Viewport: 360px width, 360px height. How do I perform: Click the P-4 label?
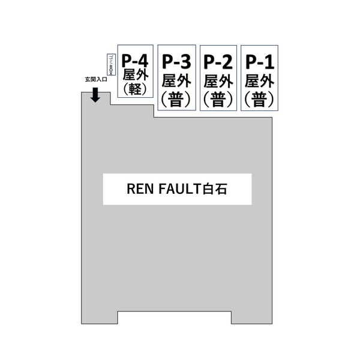click(135, 61)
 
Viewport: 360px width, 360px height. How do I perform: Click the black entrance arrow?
click(95, 95)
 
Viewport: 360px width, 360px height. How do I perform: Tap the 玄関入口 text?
click(95, 80)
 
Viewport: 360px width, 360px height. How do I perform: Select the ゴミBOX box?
click(111, 65)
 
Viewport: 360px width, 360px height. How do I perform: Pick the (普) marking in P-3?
click(176, 99)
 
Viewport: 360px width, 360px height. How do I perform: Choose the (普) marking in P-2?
click(218, 99)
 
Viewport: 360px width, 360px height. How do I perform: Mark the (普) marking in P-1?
click(260, 99)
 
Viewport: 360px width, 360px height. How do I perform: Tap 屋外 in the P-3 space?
click(176, 80)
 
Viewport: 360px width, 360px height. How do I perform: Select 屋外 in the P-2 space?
click(218, 80)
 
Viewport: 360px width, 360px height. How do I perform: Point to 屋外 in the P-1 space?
click(260, 80)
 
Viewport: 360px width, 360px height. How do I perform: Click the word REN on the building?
click(139, 190)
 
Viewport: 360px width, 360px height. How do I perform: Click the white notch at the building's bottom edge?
click(173, 319)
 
